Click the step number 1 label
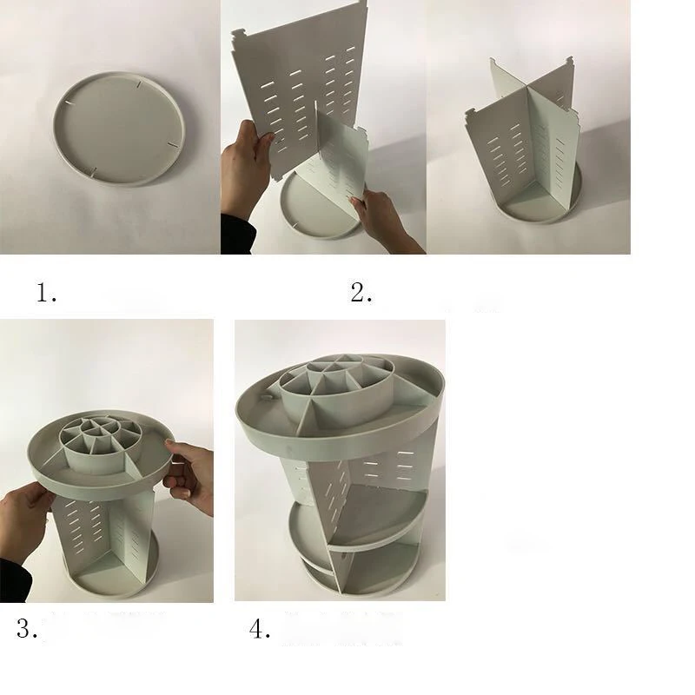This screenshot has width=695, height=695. (x=46, y=293)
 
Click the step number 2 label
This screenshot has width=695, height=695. (x=361, y=293)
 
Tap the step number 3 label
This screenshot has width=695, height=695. (x=27, y=628)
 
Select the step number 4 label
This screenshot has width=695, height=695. (x=260, y=628)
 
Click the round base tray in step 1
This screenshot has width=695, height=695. (x=118, y=128)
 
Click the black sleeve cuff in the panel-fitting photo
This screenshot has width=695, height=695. (x=238, y=234)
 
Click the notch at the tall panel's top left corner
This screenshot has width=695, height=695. (x=239, y=34)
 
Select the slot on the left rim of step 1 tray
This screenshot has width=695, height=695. (x=70, y=103)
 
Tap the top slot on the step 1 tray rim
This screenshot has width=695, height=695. (x=139, y=83)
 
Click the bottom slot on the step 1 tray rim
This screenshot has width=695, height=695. (x=92, y=171)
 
